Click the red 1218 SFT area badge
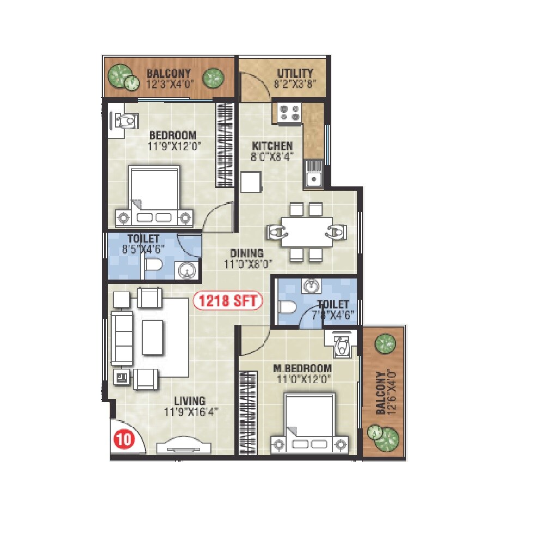228,301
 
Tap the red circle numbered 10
123,439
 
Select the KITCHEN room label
272,146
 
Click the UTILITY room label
295,74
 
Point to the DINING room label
246,253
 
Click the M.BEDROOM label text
302,368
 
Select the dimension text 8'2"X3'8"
295,84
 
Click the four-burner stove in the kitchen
289,113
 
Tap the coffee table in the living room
153,337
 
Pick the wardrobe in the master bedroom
248,413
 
